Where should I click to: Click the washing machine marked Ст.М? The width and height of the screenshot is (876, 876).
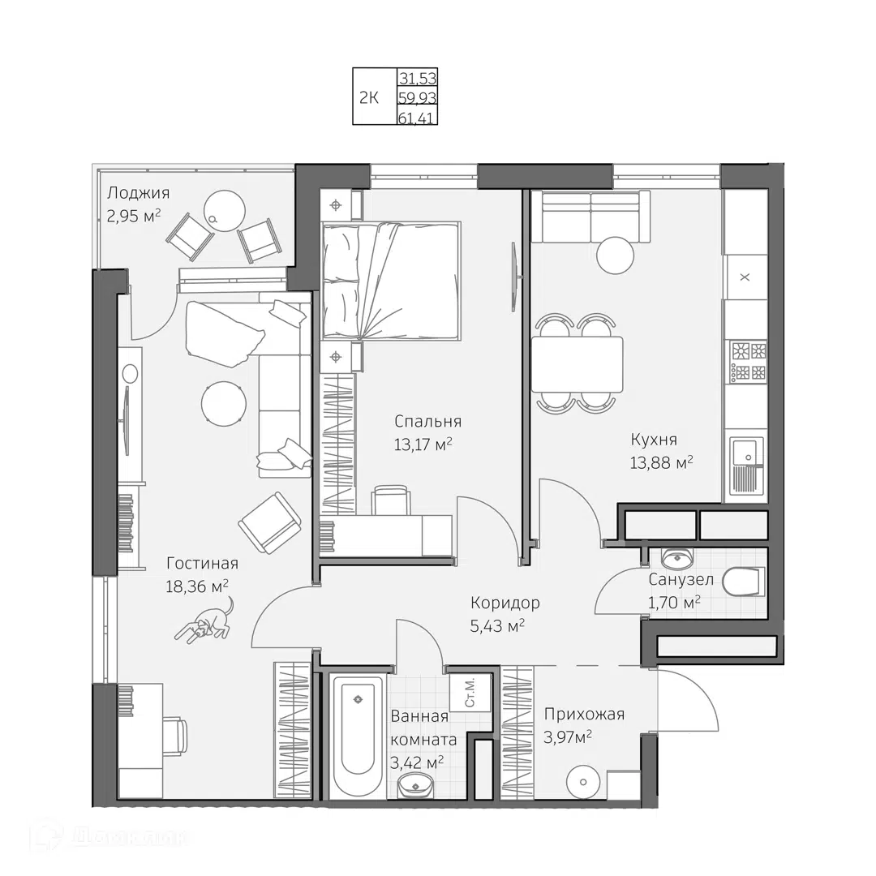[470, 692]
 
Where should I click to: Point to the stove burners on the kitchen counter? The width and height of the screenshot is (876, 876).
[748, 362]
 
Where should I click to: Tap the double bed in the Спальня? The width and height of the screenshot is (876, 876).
[391, 279]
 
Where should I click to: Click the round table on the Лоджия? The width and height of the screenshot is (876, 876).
[223, 210]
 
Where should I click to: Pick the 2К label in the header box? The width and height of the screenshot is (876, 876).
[369, 98]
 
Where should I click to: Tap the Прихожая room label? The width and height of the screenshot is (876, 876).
[584, 714]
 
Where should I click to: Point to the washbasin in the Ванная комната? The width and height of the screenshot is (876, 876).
[416, 784]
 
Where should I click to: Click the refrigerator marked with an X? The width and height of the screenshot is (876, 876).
[745, 277]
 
